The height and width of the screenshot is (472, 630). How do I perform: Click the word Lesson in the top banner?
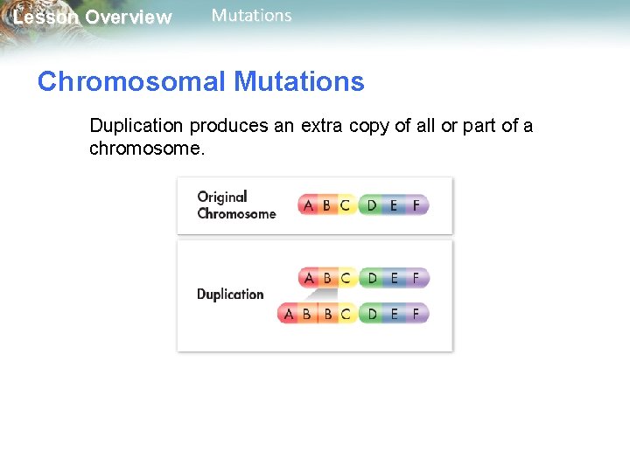click(45, 17)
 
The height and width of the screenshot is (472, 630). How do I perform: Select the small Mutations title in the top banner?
click(252, 16)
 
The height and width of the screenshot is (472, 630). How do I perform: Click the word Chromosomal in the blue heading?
click(131, 82)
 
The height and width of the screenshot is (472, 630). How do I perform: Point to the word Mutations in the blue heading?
click(298, 82)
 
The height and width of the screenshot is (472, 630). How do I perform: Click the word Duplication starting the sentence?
click(134, 126)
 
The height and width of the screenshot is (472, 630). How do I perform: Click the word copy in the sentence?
click(369, 126)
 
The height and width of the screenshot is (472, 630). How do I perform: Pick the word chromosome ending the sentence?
click(145, 149)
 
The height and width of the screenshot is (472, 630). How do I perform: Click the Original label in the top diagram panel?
click(222, 197)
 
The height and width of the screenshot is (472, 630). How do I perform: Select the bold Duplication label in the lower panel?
click(230, 295)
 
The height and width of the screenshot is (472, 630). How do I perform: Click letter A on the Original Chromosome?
click(307, 206)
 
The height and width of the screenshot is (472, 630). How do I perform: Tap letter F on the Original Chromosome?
click(416, 206)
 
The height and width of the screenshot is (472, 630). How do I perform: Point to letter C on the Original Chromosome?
click(345, 206)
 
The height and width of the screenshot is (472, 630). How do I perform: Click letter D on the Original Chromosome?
click(372, 206)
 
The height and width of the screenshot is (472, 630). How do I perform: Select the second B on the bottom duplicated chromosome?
click(328, 313)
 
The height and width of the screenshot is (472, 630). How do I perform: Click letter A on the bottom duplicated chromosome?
click(289, 313)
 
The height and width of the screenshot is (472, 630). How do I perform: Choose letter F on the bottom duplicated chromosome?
click(416, 313)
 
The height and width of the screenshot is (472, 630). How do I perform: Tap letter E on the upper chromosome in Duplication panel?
click(394, 279)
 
